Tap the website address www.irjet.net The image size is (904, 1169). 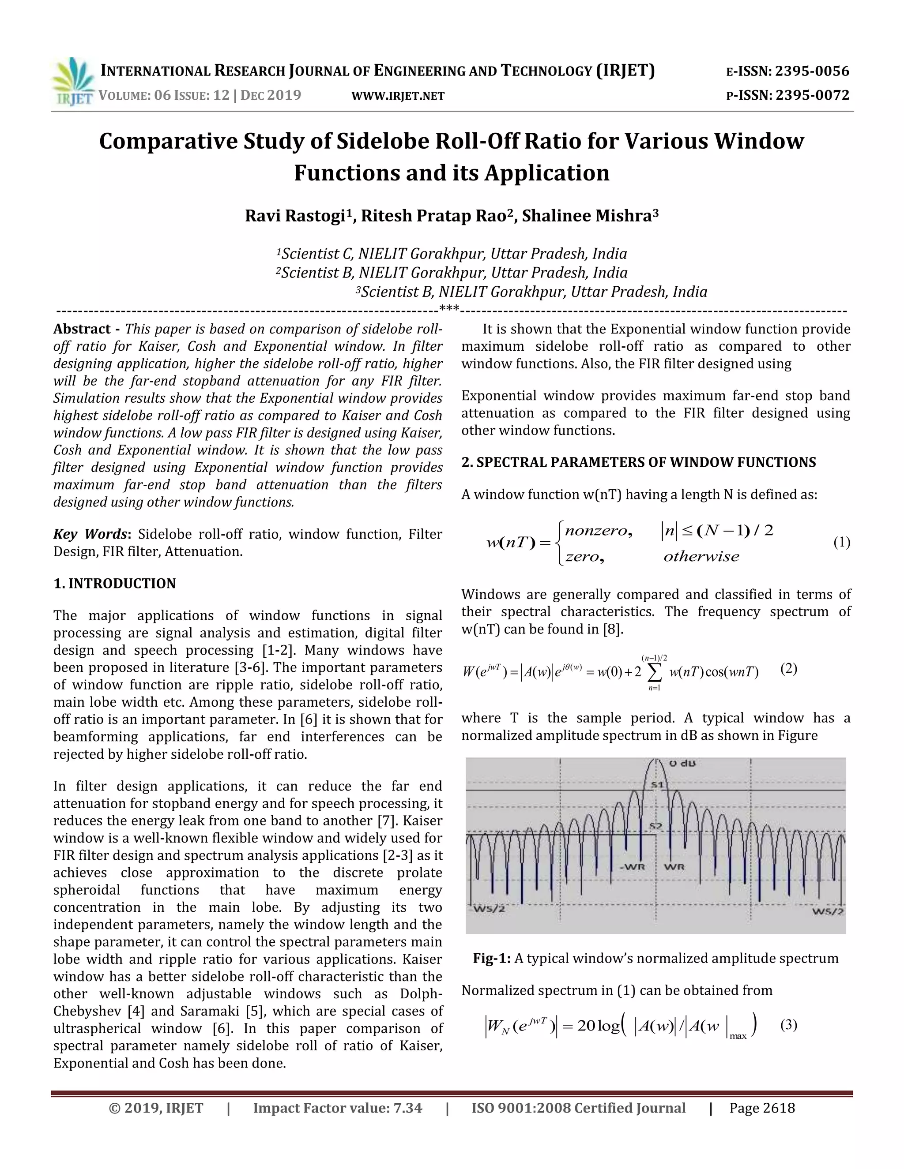(x=398, y=96)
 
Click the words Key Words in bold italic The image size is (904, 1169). (x=90, y=534)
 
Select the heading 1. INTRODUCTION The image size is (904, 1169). (x=115, y=584)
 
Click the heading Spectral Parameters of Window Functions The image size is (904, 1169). (x=638, y=462)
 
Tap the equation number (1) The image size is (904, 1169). (x=841, y=543)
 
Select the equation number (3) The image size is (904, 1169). (x=788, y=1026)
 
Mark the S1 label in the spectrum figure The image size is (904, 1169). (x=657, y=785)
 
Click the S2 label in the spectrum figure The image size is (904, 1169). (x=656, y=825)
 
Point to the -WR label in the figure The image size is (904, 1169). (x=635, y=866)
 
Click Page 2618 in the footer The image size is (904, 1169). (x=761, y=1108)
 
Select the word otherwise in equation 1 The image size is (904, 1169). (x=701, y=557)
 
